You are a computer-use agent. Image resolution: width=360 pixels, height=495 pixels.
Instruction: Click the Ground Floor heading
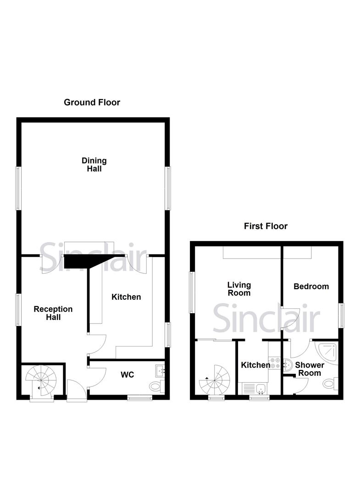(x=92, y=102)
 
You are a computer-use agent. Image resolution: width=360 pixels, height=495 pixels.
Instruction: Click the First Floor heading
(x=266, y=226)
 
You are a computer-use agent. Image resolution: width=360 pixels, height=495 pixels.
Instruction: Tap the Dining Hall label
(x=94, y=165)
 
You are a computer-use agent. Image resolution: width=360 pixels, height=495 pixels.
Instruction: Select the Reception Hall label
(x=53, y=313)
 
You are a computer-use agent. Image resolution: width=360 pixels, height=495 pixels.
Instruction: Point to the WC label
(x=127, y=375)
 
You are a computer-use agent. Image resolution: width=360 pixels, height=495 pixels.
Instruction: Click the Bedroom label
(x=311, y=286)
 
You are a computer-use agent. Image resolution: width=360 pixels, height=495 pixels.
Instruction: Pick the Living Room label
(x=239, y=289)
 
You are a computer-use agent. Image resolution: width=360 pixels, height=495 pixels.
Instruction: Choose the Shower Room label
(x=309, y=369)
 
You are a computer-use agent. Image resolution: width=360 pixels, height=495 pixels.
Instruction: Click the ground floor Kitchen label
(x=126, y=297)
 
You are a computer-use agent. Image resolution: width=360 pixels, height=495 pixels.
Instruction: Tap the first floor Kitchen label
(x=255, y=365)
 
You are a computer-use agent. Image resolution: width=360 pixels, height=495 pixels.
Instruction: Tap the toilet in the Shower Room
(x=330, y=383)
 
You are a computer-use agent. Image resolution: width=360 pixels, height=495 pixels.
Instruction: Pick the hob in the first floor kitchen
(x=275, y=363)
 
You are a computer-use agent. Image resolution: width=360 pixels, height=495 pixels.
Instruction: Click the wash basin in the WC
(x=160, y=370)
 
